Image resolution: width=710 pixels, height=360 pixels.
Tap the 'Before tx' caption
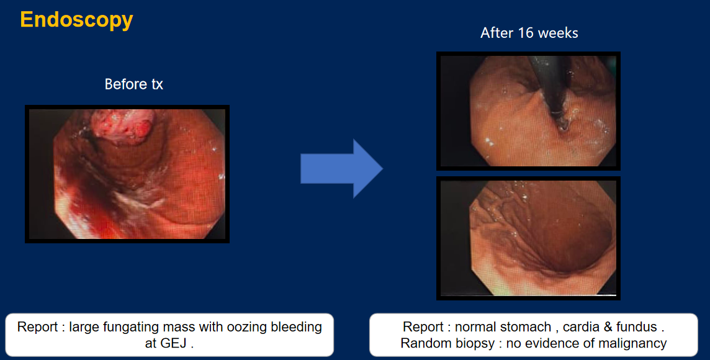133,84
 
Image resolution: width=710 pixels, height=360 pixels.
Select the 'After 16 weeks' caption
529,33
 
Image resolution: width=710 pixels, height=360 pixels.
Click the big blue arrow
341,168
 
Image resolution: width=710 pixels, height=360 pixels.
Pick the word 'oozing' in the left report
246,328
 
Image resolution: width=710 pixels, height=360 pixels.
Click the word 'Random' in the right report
425,343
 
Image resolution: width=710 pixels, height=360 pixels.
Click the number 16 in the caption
522,33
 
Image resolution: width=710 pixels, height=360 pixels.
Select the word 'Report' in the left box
38,328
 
